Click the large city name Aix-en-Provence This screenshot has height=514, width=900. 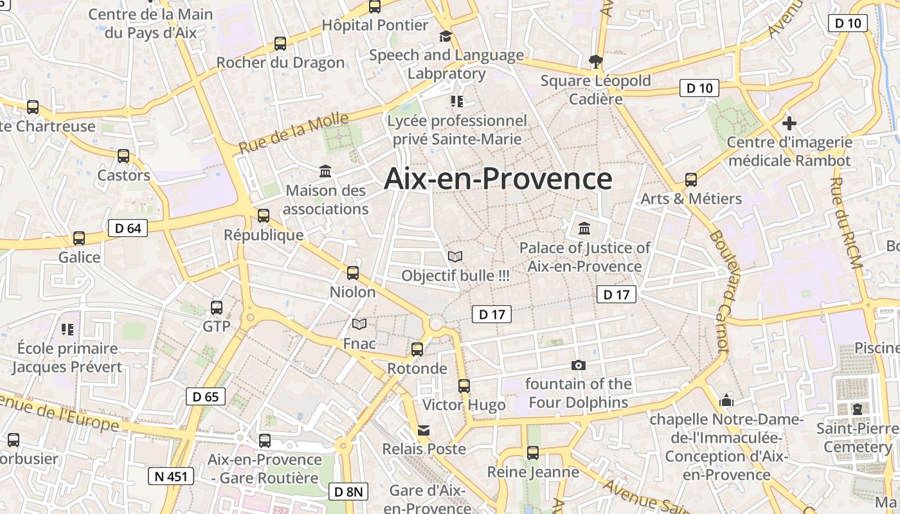(498, 179)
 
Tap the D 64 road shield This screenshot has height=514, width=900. (128, 227)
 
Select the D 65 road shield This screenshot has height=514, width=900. (206, 396)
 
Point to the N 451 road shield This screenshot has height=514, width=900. (171, 476)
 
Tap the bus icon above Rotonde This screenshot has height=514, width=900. (417, 350)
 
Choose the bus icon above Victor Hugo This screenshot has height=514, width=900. (464, 386)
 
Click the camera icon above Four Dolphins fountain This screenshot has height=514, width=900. (579, 366)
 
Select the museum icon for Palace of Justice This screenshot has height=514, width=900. (584, 228)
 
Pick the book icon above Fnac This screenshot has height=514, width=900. (359, 324)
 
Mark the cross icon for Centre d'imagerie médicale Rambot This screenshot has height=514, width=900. (789, 123)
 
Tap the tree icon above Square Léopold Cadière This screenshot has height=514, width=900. (596, 62)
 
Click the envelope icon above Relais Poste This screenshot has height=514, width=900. (424, 430)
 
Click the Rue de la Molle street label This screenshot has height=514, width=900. (294, 133)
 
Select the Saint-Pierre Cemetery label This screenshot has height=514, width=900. (858, 437)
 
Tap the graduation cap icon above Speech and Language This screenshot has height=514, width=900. (446, 36)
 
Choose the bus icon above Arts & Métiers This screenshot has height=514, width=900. (691, 180)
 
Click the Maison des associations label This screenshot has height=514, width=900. (326, 200)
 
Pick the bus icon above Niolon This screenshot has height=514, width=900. (353, 273)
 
